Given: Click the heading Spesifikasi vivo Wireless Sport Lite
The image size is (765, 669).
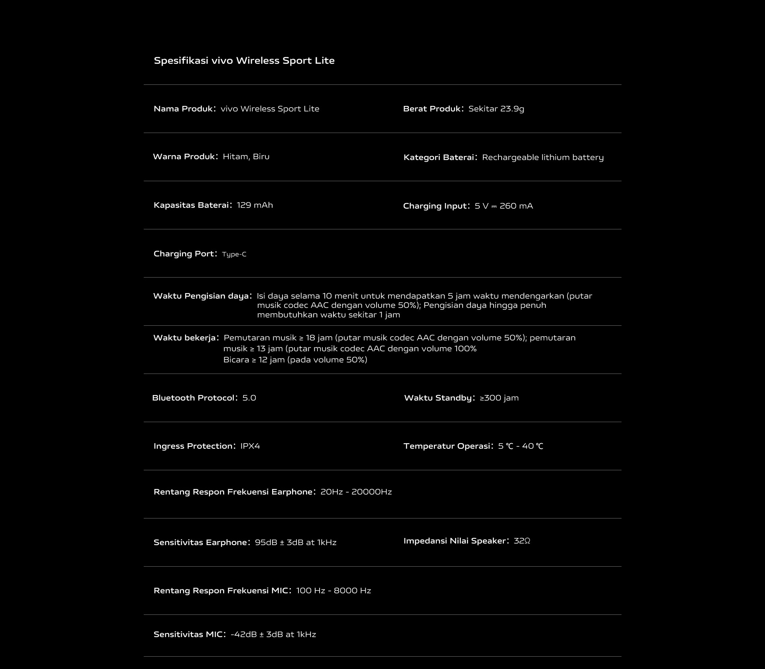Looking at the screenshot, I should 244,61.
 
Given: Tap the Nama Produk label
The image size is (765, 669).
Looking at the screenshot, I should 183,109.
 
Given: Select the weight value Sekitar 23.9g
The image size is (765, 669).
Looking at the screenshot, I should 496,109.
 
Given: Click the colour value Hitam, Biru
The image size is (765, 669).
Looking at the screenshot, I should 246,156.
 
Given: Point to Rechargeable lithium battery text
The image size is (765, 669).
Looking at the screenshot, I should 543,157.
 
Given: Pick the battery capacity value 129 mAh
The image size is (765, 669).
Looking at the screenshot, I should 255,205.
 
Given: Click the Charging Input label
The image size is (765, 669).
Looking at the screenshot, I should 435,206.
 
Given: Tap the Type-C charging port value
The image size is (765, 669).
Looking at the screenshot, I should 234,254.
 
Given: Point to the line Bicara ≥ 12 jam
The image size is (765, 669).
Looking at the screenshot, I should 295,360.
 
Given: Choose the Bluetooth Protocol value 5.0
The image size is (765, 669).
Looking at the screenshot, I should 249,398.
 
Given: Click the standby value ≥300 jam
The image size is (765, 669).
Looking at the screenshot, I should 499,398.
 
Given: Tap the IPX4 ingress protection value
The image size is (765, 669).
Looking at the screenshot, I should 250,446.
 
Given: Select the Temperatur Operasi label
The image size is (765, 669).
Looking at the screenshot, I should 446,446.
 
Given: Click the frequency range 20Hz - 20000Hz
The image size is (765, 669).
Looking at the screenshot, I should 356,492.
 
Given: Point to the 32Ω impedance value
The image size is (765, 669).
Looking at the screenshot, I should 522,541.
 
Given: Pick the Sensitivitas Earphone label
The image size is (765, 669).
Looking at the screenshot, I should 200,542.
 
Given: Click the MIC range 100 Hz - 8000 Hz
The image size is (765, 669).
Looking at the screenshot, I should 333,591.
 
